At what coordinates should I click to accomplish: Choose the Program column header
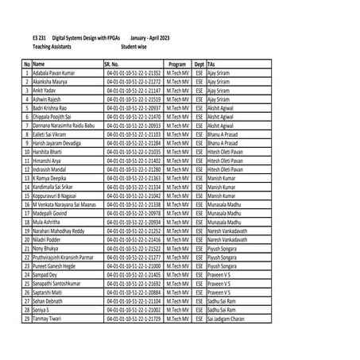pos(177,64)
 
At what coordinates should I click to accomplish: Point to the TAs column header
pos(212,64)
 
